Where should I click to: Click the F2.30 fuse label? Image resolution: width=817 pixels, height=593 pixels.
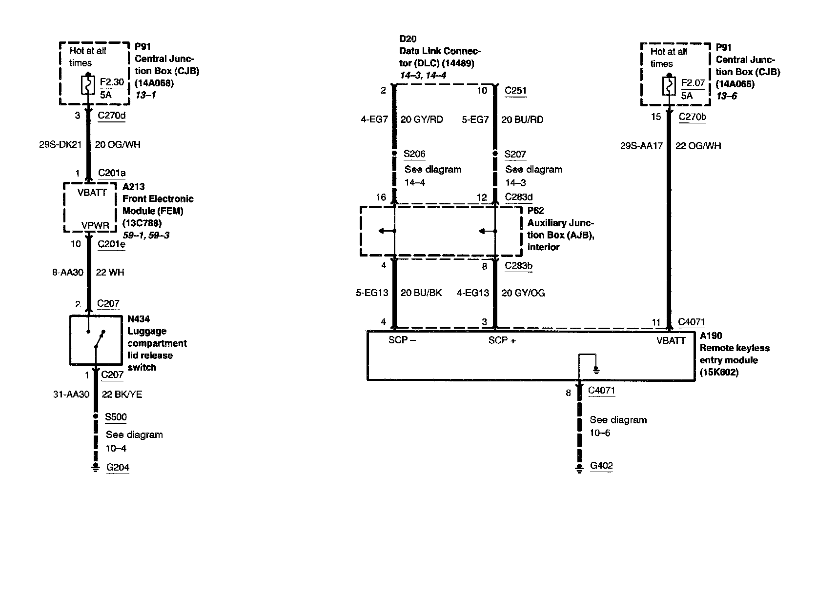(x=112, y=82)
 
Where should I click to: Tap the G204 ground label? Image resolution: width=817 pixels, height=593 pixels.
(x=118, y=467)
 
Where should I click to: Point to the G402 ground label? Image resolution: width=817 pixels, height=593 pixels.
(x=601, y=465)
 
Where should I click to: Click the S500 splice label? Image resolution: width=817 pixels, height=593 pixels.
(x=116, y=417)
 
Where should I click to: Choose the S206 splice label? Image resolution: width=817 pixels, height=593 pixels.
(x=415, y=154)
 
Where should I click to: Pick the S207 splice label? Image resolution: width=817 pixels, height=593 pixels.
(x=515, y=155)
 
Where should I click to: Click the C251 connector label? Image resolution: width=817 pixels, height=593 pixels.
(x=515, y=91)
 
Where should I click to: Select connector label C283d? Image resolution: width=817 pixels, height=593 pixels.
(x=518, y=198)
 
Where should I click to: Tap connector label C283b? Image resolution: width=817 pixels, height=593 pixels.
(x=518, y=266)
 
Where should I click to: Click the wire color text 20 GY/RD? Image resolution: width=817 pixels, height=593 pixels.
(x=422, y=119)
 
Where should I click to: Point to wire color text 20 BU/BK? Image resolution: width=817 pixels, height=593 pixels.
(x=421, y=293)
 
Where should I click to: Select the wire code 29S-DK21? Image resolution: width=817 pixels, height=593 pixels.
(x=61, y=145)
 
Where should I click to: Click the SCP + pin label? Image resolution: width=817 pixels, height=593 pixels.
(x=502, y=340)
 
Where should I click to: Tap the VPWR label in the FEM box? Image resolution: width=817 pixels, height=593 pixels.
(x=95, y=226)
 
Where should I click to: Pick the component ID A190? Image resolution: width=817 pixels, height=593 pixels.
(x=711, y=336)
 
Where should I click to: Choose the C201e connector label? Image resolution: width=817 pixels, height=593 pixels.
(x=111, y=244)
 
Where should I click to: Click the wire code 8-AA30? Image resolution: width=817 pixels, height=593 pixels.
(x=68, y=272)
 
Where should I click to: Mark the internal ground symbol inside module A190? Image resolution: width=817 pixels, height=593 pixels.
(x=595, y=370)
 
